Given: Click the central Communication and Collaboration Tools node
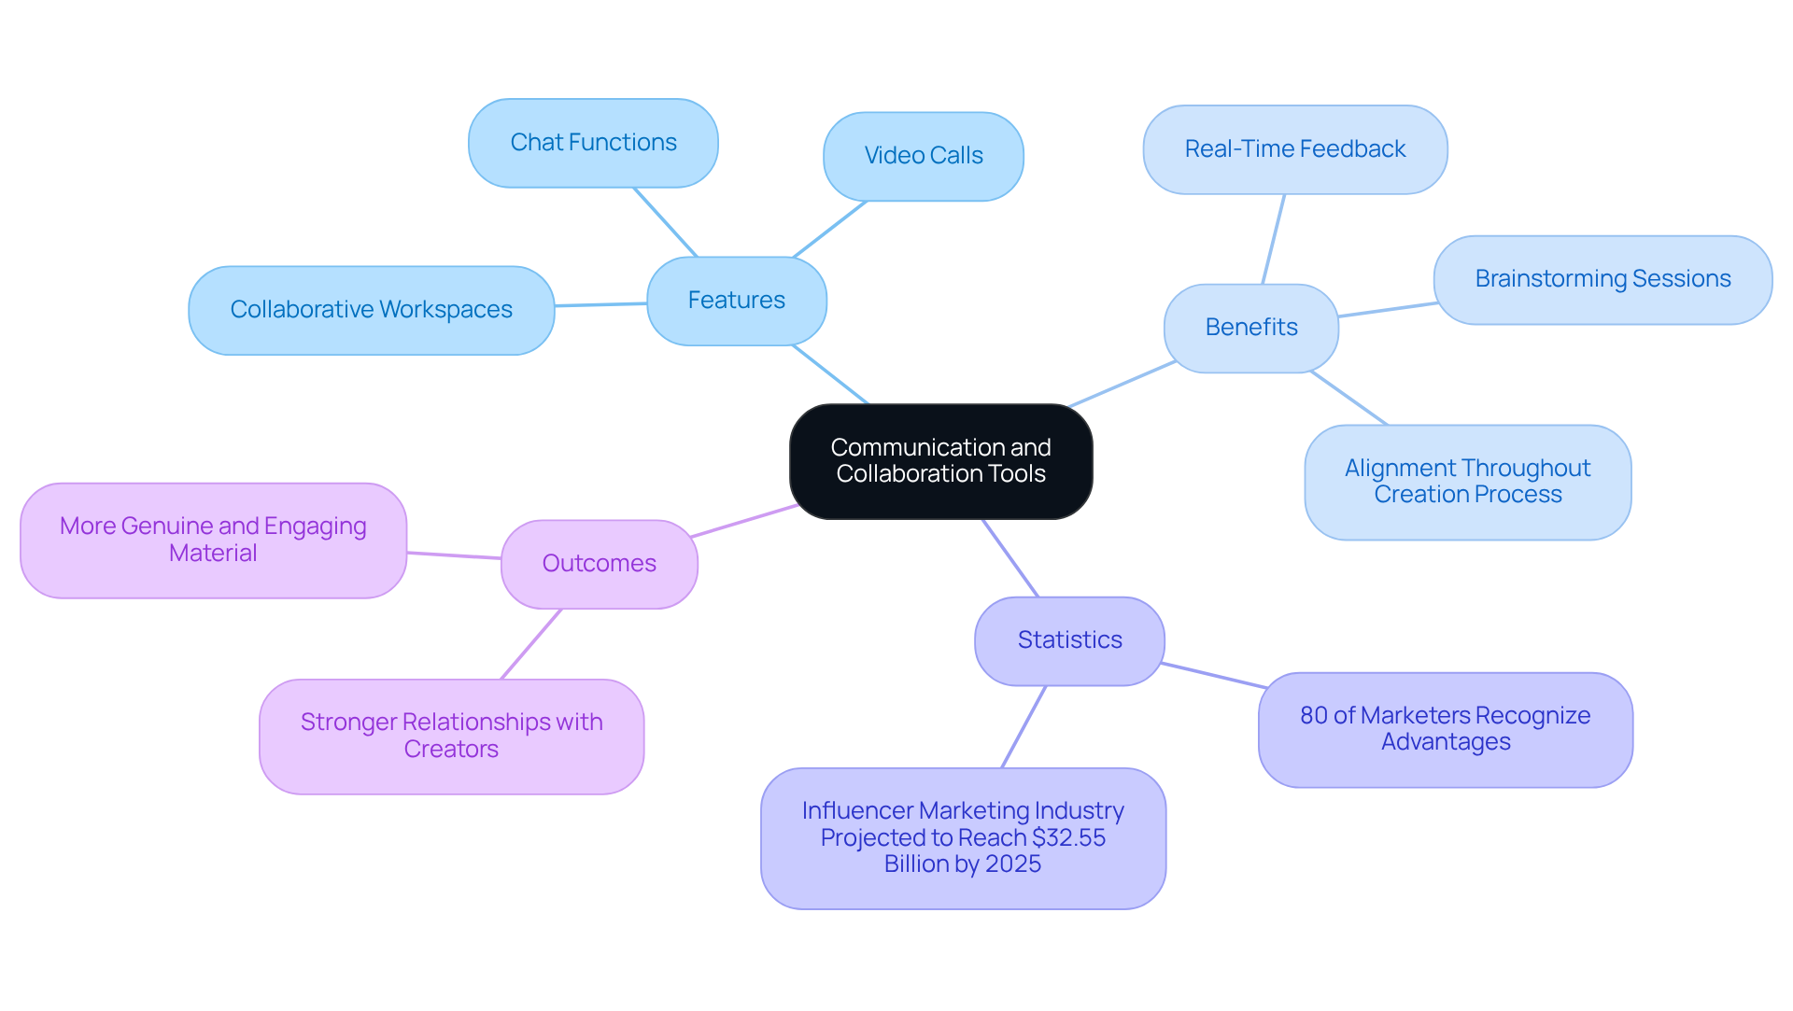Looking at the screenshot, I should point(940,461).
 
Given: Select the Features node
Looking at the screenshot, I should point(736,301).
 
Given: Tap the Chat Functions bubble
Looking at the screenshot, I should point(593,143).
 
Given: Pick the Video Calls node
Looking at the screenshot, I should point(923,156).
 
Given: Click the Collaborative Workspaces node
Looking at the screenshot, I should point(371,310).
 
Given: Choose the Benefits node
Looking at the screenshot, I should point(1250,328).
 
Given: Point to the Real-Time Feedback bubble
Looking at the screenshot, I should point(1294,149).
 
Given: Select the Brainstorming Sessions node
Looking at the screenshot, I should point(1602,279).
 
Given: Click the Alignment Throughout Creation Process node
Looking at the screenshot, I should point(1467,482).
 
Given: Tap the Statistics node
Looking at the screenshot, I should point(1069,640).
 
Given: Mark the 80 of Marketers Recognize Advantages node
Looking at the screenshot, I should point(1445,729).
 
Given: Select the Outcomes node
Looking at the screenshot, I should point(599,564).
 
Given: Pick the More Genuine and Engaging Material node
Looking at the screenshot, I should point(213,540).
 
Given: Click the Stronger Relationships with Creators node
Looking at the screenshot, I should point(451,736).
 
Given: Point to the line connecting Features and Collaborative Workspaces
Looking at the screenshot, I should point(600,304).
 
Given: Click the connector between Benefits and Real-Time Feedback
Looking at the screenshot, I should point(1274,239).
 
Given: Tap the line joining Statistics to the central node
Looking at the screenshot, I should point(1010,558).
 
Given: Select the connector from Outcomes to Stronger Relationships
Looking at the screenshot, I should point(531,644).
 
